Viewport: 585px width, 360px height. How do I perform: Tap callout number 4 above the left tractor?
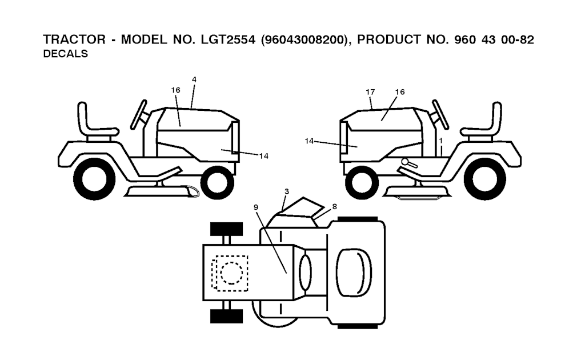[x=194, y=79]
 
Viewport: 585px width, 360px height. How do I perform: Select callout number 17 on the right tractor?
[x=370, y=91]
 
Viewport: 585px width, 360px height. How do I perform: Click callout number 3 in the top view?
[x=286, y=191]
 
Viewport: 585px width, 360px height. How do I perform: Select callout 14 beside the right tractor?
[x=309, y=139]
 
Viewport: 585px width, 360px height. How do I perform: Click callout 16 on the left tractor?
[x=175, y=90]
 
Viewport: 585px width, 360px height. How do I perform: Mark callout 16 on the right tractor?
[x=399, y=91]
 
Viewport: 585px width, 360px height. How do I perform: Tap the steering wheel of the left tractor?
[x=141, y=114]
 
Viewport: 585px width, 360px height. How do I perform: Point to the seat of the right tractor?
[x=486, y=122]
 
